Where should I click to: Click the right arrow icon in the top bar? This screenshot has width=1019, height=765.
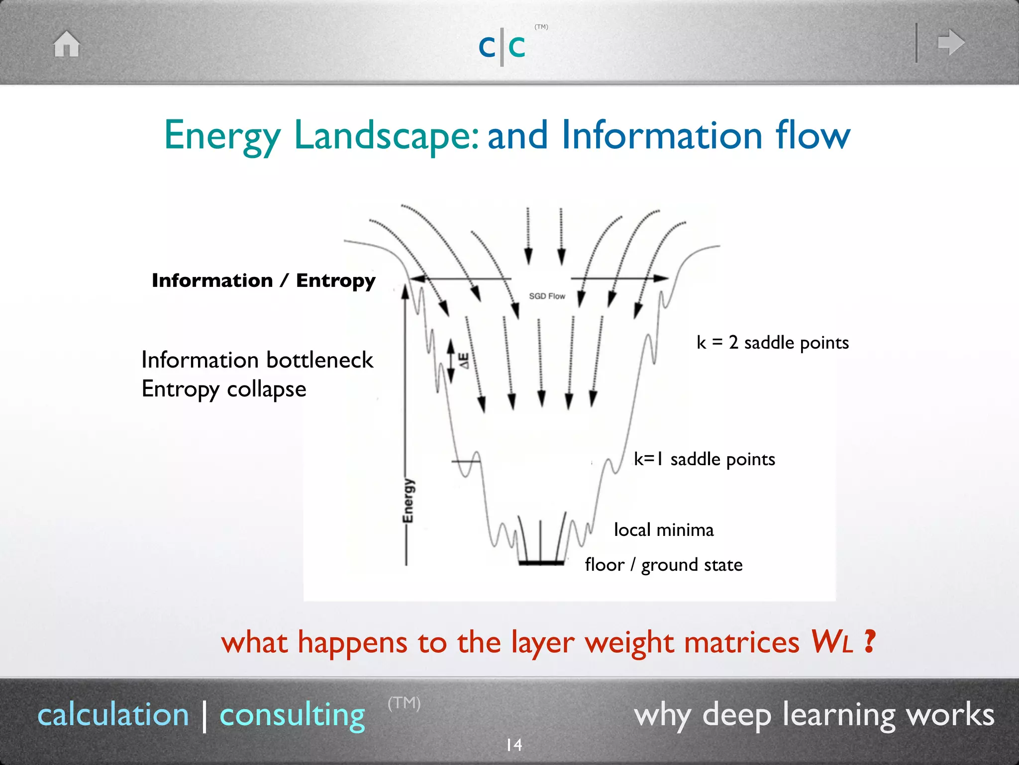click(951, 42)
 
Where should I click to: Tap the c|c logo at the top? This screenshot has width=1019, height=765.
click(502, 46)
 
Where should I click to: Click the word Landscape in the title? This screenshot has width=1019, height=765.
click(386, 135)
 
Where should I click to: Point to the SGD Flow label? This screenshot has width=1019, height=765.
click(547, 296)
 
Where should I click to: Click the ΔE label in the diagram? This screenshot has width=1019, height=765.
click(463, 361)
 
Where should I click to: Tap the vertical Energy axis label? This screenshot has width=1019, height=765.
click(408, 501)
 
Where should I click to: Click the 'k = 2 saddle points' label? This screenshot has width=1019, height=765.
click(772, 343)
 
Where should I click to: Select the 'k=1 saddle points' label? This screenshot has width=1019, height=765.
click(704, 459)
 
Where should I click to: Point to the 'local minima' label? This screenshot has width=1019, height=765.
click(664, 530)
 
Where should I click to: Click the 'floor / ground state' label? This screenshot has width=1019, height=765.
click(664, 565)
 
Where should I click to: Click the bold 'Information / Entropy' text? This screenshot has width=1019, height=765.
click(263, 280)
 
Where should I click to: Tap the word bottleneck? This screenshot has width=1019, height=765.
click(319, 360)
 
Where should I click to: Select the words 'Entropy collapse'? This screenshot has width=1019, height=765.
click(224, 389)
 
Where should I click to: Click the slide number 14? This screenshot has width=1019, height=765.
click(513, 745)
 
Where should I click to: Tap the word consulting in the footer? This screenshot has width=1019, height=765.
click(292, 715)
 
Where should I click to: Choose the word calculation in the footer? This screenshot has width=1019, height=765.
click(113, 715)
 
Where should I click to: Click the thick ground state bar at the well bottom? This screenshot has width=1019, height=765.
click(541, 563)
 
